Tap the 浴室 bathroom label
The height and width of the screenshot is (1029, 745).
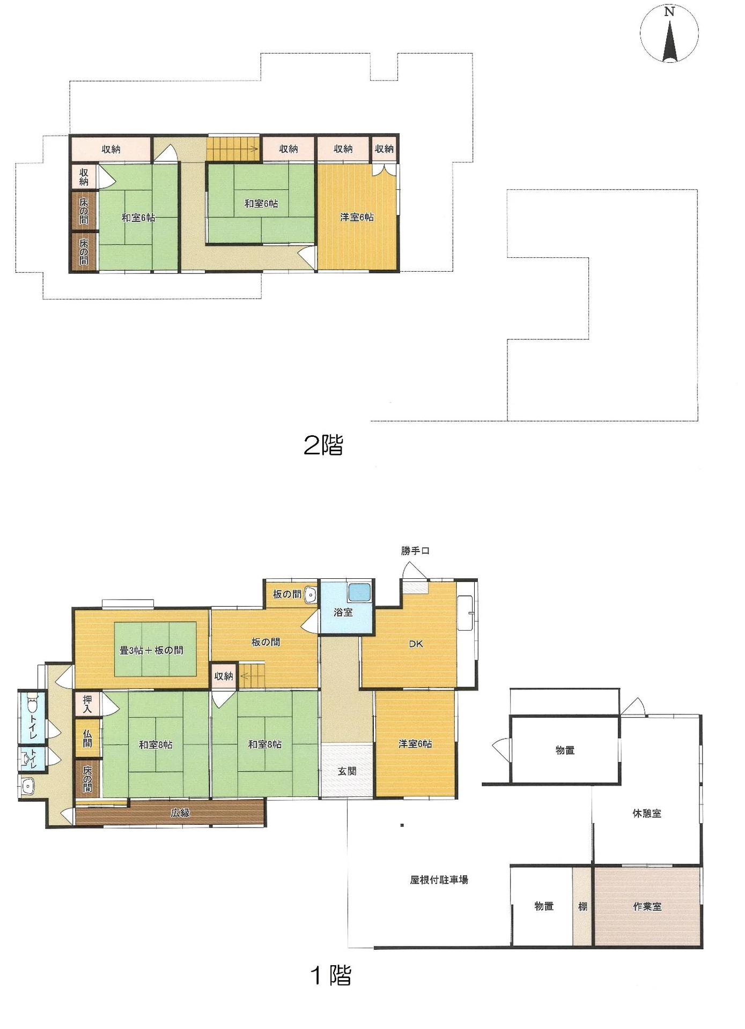click(343, 612)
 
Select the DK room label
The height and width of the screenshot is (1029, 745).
click(416, 644)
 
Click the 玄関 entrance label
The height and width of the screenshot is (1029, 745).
click(347, 771)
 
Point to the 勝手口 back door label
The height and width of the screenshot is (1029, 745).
click(415, 550)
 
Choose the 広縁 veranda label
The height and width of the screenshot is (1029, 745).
click(180, 812)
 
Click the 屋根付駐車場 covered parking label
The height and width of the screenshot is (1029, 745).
click(439, 879)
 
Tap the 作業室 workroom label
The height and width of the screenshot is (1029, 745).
click(647, 906)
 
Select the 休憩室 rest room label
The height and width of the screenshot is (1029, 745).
click(647, 813)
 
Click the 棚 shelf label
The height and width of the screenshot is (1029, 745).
click(582, 906)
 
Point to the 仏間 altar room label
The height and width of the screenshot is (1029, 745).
click(87, 739)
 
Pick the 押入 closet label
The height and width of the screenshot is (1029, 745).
click(87, 704)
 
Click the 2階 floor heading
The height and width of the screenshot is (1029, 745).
click(323, 445)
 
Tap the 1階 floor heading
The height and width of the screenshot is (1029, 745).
click(331, 975)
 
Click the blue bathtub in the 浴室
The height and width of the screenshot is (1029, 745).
click(359, 592)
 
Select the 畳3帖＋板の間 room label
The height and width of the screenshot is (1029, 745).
click(151, 650)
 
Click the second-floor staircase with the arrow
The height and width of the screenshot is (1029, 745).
click(233, 148)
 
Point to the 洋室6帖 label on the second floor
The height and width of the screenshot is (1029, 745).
click(357, 217)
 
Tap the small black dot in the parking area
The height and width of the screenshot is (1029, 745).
click(402, 825)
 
